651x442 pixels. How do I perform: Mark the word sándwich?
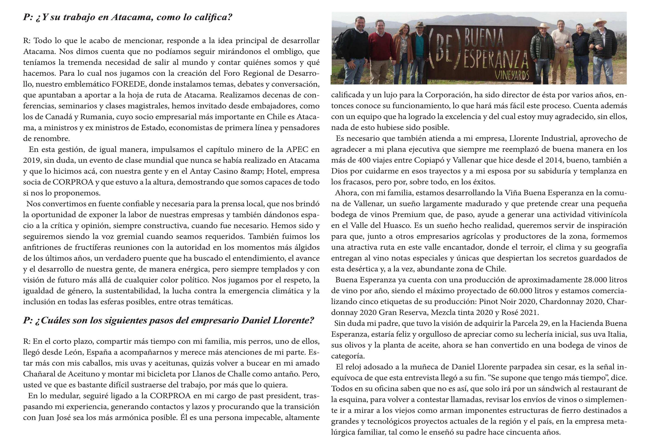[561, 389]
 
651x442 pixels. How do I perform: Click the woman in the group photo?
[403, 53]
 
